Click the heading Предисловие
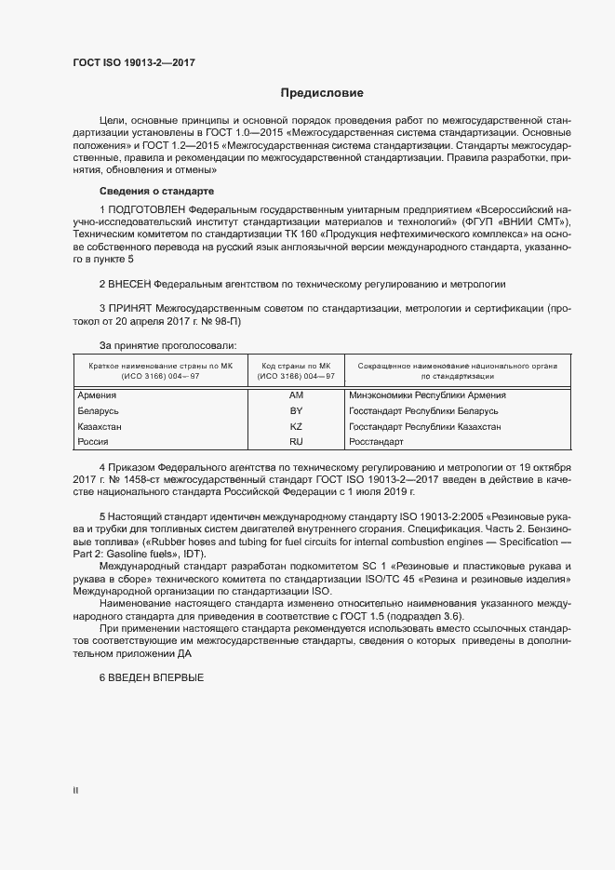(x=322, y=93)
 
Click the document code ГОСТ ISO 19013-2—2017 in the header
(x=134, y=63)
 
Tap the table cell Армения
(x=97, y=395)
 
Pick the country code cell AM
(x=298, y=395)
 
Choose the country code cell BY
(x=298, y=411)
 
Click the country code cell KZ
(x=298, y=427)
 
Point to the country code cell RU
(x=298, y=442)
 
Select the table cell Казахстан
(x=100, y=427)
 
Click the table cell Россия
(x=93, y=442)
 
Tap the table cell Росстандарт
(x=376, y=442)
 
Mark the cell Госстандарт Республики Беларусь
(x=423, y=411)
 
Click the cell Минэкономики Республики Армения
(x=427, y=395)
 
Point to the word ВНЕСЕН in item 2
(x=129, y=282)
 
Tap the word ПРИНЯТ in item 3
(x=130, y=307)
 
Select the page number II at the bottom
(x=76, y=791)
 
